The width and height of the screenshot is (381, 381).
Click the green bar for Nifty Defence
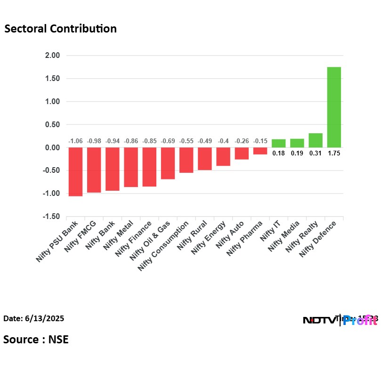(x=334, y=107)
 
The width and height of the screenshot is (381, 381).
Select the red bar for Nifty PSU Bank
(x=75, y=171)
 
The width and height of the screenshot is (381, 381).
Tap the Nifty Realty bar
(x=316, y=140)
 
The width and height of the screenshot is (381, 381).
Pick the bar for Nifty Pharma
(x=260, y=151)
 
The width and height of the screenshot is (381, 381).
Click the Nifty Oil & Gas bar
(x=168, y=163)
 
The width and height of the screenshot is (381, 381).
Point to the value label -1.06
(x=75, y=141)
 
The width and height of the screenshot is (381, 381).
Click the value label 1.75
(x=334, y=153)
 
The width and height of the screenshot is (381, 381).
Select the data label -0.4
(x=223, y=141)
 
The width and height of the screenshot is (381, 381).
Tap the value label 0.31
(x=316, y=153)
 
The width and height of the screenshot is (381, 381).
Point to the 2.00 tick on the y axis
(x=53, y=56)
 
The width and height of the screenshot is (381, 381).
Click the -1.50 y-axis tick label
(x=52, y=217)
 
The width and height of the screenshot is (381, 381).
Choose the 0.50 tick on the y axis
(x=53, y=125)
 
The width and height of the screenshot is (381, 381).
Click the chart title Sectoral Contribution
(x=60, y=29)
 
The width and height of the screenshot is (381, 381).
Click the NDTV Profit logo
(x=340, y=321)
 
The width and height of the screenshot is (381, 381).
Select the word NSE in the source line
(x=58, y=339)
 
